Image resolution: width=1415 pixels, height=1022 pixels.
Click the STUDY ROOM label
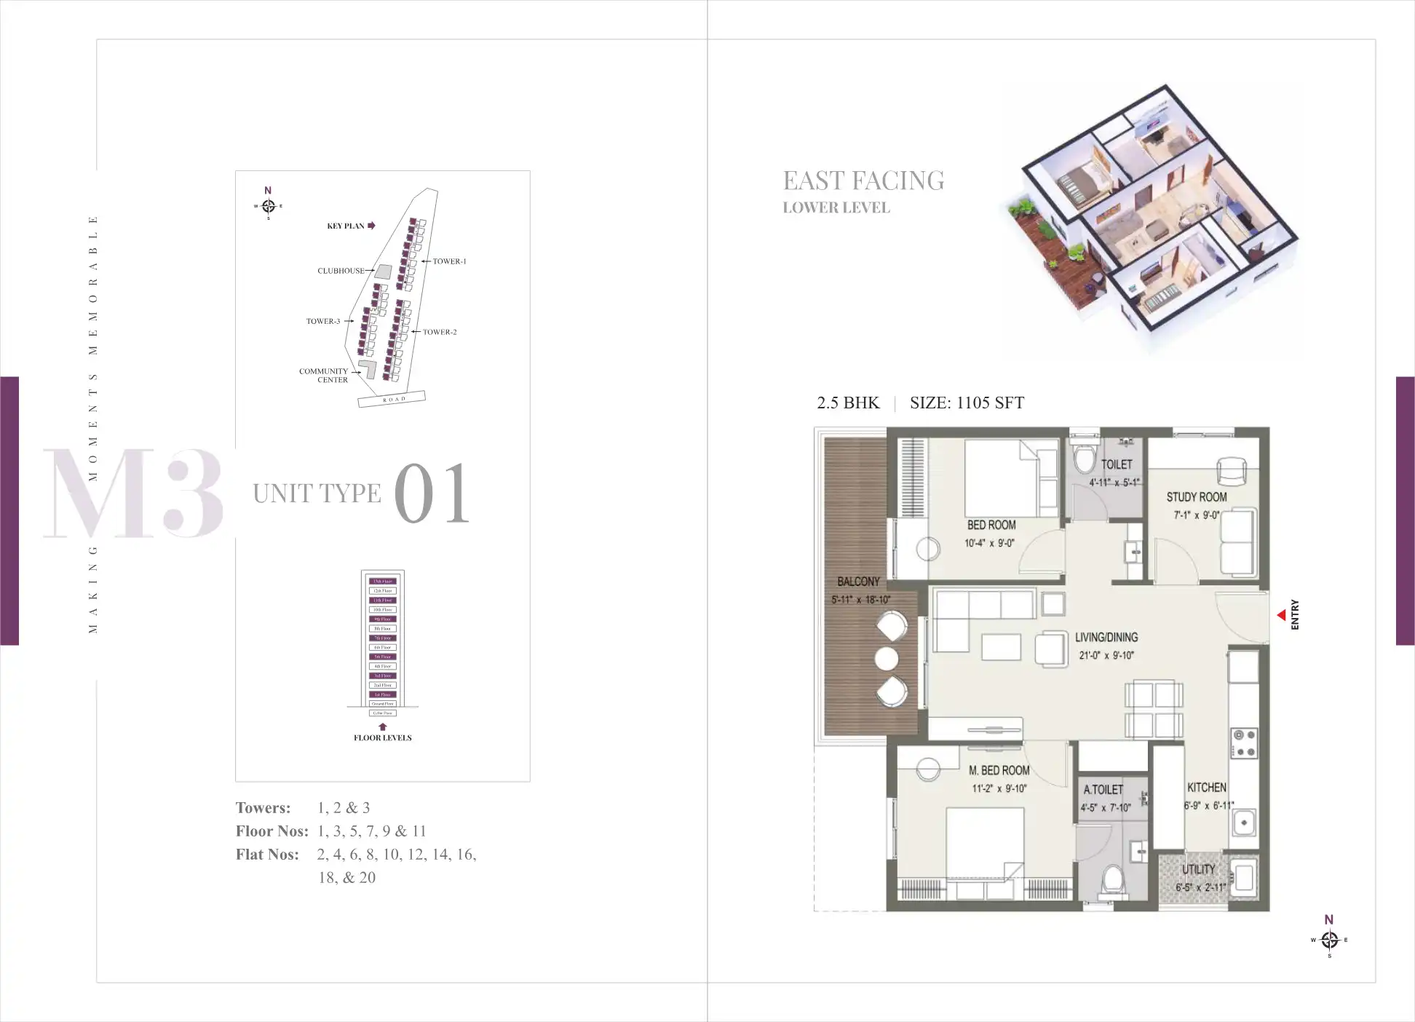1196,497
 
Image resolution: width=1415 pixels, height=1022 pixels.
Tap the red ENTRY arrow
1281,616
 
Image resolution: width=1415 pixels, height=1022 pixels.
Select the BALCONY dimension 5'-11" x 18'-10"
860,600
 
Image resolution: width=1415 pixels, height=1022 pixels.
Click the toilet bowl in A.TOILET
1111,879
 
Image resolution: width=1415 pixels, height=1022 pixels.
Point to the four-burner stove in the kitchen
1243,743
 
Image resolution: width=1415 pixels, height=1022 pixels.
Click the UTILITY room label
1198,869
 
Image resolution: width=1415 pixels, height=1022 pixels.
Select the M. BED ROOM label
999,770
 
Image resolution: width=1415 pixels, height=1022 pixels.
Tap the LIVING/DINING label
1106,637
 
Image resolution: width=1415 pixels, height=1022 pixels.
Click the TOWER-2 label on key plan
440,332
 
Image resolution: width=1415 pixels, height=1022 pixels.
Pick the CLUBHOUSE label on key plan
341,271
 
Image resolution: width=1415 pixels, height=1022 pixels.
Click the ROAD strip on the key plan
392,399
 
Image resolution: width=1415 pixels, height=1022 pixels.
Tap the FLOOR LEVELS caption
382,737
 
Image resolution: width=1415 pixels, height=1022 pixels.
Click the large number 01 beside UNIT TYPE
432,494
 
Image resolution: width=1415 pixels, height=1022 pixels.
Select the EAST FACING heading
863,181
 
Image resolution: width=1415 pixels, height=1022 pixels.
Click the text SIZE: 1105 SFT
967,403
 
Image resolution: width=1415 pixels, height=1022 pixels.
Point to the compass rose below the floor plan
1329,940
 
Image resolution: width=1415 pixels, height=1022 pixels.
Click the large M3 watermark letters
133,494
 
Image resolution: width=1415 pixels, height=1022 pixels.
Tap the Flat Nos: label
267,855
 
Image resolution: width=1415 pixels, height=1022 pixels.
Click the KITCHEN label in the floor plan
1206,788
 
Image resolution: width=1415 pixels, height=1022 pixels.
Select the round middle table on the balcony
886,659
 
